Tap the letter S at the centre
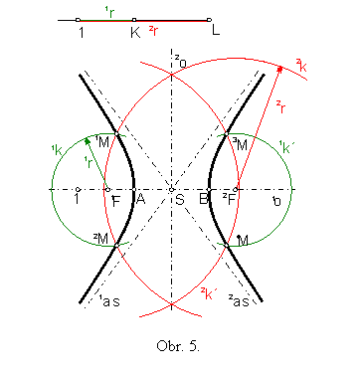coord(179,199)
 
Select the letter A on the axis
coord(141,199)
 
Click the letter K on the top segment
coord(134,32)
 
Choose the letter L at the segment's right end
coord(215,32)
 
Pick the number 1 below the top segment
coord(79,32)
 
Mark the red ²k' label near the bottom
coord(208,292)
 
